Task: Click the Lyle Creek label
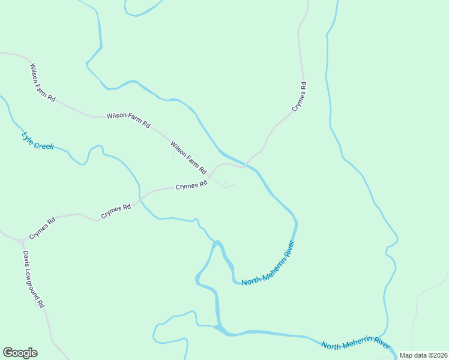pyautogui.click(x=37, y=141)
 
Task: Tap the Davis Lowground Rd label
pyautogui.click(x=34, y=279)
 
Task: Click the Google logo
pyautogui.click(x=20, y=353)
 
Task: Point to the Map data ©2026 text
pyautogui.click(x=423, y=355)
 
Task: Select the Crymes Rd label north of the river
pyautogui.click(x=300, y=97)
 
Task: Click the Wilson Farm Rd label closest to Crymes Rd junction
pyautogui.click(x=188, y=157)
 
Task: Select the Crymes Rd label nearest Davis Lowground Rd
pyautogui.click(x=43, y=229)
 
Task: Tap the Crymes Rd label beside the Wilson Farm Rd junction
pyautogui.click(x=191, y=187)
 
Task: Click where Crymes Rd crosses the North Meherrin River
pyautogui.click(x=245, y=164)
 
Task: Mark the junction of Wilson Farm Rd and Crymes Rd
pyautogui.click(x=210, y=176)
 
